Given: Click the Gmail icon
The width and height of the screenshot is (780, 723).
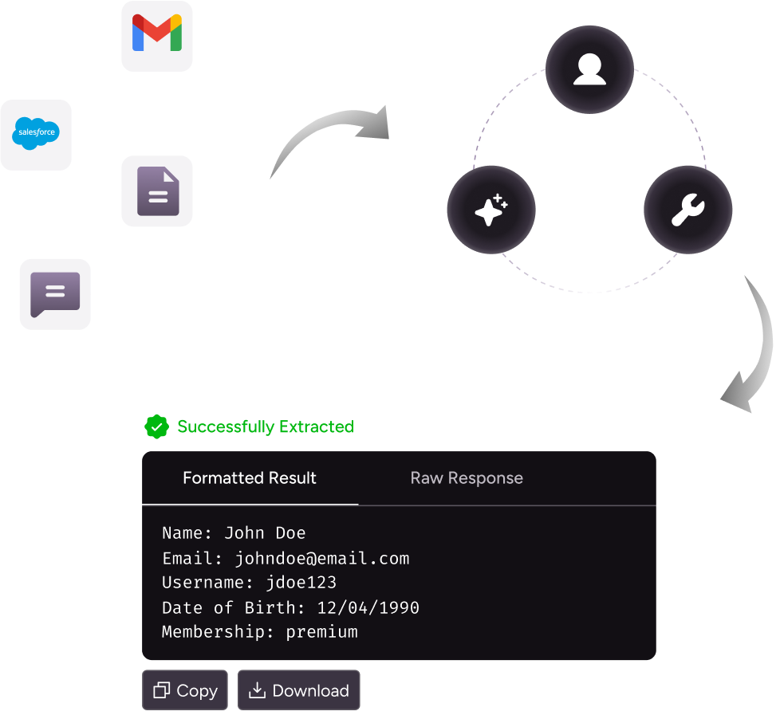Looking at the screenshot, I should pyautogui.click(x=157, y=36).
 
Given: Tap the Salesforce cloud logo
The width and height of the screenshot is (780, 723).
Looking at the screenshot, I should pyautogui.click(x=36, y=135).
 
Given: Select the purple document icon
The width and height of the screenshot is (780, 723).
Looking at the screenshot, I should pyautogui.click(x=157, y=191).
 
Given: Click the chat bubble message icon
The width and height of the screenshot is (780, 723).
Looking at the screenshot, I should pyautogui.click(x=55, y=294).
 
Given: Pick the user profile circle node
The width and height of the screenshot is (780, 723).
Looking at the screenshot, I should pyautogui.click(x=589, y=69).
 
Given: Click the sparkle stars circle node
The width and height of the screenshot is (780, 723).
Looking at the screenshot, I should pyautogui.click(x=491, y=210).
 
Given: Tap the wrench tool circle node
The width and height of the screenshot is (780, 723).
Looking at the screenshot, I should pyautogui.click(x=687, y=210).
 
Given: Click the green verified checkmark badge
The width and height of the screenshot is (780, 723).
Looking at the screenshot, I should pyautogui.click(x=157, y=427).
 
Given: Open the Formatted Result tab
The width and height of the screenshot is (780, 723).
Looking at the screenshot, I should pyautogui.click(x=250, y=478).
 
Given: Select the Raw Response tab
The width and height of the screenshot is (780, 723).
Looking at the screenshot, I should pyautogui.click(x=467, y=478).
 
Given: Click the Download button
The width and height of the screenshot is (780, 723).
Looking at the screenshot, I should pyautogui.click(x=299, y=690).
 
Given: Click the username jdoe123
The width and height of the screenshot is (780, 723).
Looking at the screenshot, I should pyautogui.click(x=301, y=583).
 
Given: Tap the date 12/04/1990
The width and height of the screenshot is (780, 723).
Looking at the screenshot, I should pyautogui.click(x=368, y=607).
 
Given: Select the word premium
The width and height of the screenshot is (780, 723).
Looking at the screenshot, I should pyautogui.click(x=321, y=632).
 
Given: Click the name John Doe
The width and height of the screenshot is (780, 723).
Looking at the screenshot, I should pyautogui.click(x=265, y=533).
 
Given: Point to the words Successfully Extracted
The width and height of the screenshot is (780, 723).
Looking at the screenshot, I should pyautogui.click(x=266, y=427).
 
